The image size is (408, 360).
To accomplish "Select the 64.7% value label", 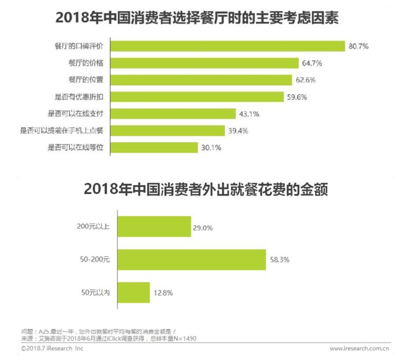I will [311, 63].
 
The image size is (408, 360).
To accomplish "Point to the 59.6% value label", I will [297, 97].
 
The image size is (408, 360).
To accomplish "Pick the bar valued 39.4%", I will [167, 131].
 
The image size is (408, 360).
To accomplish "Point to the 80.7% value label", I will [358, 45].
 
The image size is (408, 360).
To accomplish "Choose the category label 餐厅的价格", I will [86, 63].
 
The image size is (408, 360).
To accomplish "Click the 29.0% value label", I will [203, 227].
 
